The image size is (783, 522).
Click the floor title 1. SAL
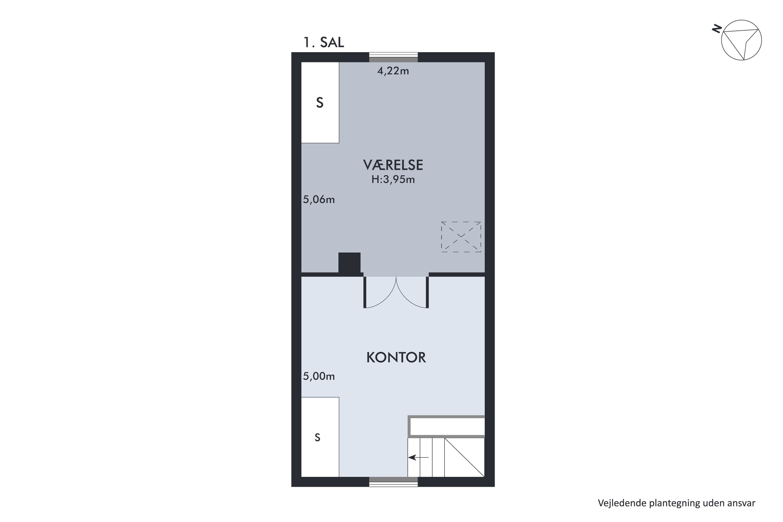324,43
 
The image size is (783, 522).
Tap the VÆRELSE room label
393,165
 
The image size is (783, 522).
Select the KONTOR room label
396,358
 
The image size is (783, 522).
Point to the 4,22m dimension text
393,71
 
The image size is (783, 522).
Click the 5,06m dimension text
319,200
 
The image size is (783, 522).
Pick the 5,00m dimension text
319,377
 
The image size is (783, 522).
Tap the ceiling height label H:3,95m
393,180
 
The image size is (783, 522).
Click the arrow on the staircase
418,458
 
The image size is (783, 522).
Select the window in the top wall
393,57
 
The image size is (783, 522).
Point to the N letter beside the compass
717,29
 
